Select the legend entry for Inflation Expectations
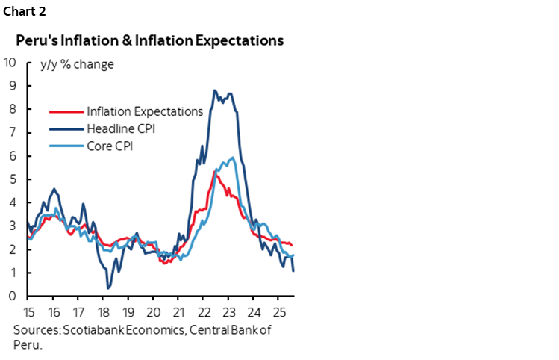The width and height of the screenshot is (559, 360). click(x=145, y=111)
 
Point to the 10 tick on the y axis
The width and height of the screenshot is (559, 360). click(x=10, y=62)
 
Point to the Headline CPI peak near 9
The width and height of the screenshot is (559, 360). click(x=215, y=90)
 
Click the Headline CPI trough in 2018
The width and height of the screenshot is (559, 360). click(x=108, y=288)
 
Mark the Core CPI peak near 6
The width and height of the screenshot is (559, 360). click(x=234, y=157)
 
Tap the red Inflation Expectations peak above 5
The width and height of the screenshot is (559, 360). click(x=216, y=171)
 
